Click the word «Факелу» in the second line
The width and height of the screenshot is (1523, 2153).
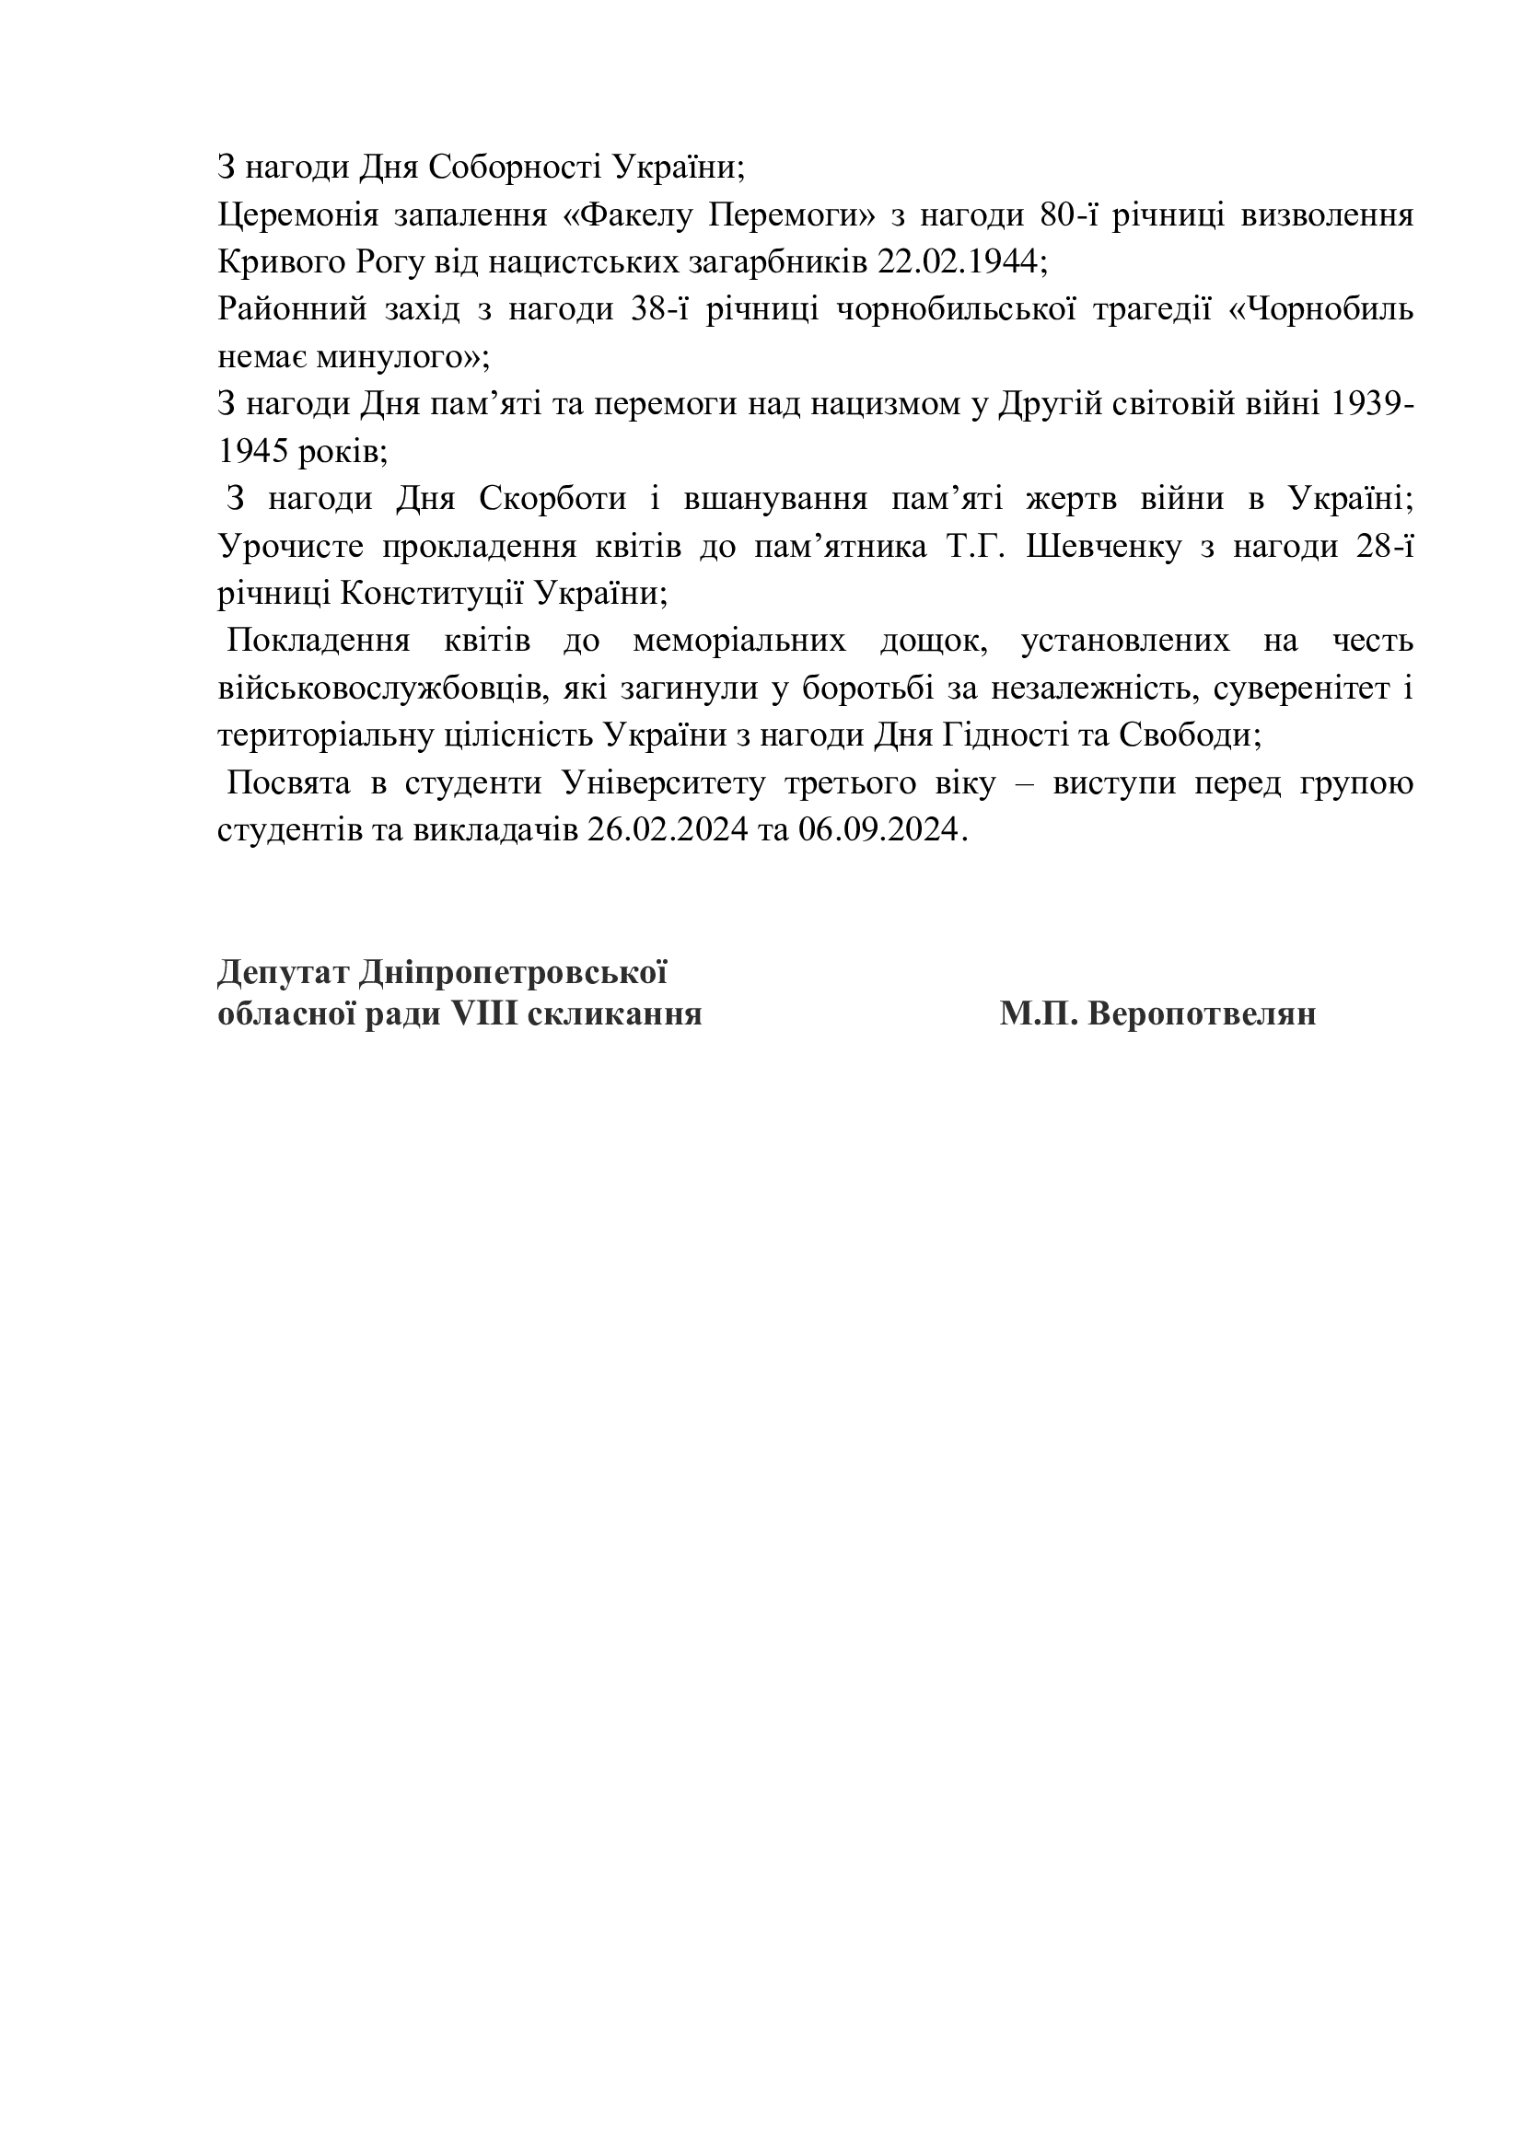(x=627, y=215)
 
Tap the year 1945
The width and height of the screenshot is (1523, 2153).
(x=251, y=452)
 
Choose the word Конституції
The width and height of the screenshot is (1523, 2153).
(x=430, y=594)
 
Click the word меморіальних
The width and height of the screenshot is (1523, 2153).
(x=739, y=642)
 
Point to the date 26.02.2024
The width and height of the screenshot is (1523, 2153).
(x=667, y=830)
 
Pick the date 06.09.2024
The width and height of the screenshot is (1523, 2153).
(x=878, y=830)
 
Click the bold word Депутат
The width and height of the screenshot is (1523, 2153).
(x=284, y=972)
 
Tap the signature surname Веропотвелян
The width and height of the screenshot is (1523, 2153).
(x=1202, y=1014)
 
